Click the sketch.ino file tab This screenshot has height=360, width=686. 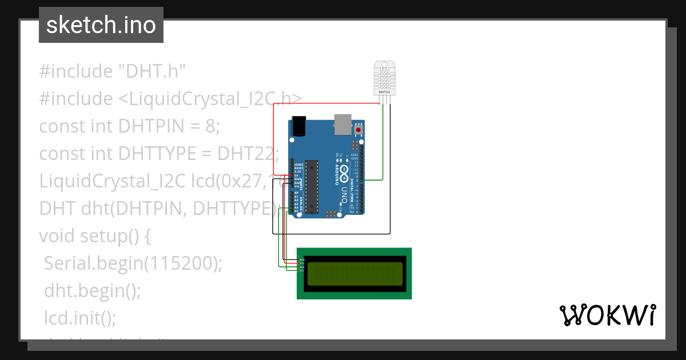click(101, 25)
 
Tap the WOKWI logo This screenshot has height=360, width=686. click(607, 315)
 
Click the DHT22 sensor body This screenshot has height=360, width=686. click(384, 77)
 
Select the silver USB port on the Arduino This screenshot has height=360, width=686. click(342, 123)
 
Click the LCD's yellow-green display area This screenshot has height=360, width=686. click(354, 274)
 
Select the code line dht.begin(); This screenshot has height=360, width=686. click(92, 290)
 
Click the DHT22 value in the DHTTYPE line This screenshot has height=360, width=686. click(248, 154)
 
